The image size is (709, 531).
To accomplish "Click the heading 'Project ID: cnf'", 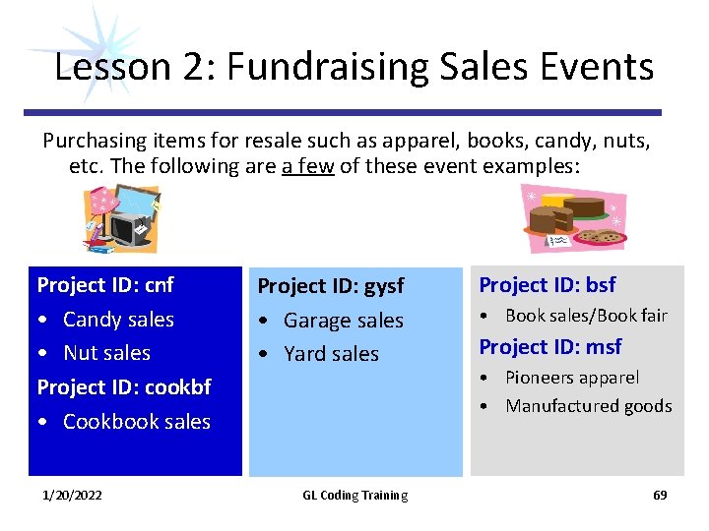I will tap(104, 285).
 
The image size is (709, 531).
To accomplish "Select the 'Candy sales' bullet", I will tap(118, 320).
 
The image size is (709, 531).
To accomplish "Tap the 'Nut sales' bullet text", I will tap(106, 353).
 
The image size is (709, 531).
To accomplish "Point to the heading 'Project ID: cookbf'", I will tap(124, 387).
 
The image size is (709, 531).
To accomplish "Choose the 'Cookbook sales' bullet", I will tap(136, 422).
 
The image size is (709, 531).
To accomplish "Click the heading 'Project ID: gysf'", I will tap(330, 286).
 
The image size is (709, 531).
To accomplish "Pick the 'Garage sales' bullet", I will tap(343, 321).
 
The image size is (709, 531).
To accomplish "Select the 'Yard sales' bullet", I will tap(331, 354).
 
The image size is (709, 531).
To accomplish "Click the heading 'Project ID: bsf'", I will tap(547, 285).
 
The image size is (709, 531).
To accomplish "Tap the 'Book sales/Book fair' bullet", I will tap(586, 316).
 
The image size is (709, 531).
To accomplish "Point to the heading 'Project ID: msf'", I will tap(549, 347).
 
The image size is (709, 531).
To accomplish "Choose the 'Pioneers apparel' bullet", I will tap(571, 378).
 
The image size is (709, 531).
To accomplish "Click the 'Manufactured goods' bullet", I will tap(588, 406).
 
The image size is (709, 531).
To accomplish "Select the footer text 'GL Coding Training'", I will tap(354, 496).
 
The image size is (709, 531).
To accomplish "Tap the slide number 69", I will tap(660, 496).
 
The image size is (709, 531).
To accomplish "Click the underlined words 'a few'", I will tap(307, 166).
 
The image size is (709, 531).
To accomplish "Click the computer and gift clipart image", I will tap(120, 219).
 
